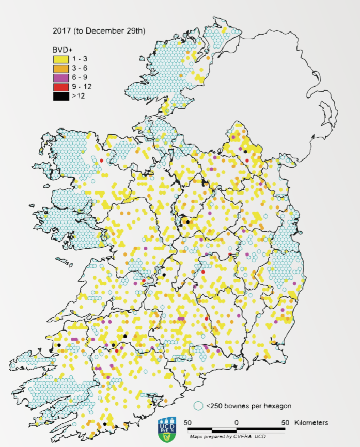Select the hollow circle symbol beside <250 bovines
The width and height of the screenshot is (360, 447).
click(x=197, y=406)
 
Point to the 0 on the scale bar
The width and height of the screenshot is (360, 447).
click(x=236, y=423)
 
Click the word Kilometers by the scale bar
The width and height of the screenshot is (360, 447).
click(x=311, y=423)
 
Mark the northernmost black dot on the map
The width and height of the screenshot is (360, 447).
click(x=245, y=152)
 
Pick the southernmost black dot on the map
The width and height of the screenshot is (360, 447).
click(x=105, y=424)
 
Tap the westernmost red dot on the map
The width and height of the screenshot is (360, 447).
click(x=102, y=161)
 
